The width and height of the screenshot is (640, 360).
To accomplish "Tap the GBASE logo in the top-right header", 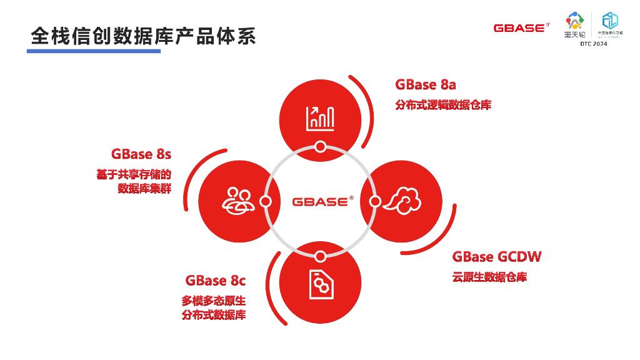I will tap(521, 27).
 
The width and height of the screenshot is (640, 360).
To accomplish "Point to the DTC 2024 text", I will tap(593, 44).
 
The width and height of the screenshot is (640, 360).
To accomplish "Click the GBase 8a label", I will tap(426, 85).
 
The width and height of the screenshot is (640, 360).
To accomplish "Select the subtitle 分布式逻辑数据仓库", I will tap(443, 105).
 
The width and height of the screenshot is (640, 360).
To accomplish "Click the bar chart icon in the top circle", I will tap(320, 117).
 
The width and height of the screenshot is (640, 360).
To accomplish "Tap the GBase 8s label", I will tap(141, 154).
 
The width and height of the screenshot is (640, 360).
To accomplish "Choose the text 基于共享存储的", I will tap(134, 174).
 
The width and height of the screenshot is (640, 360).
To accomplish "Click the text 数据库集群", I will tap(144, 189).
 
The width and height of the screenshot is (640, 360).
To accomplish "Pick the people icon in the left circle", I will tap(237, 201).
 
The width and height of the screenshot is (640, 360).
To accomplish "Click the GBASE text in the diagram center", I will tap(320, 201).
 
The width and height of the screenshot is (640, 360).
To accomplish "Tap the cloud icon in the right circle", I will tap(402, 201).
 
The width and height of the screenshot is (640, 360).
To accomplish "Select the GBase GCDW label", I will tap(497, 257).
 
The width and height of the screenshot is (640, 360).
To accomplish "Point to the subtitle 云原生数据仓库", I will tap(489, 277).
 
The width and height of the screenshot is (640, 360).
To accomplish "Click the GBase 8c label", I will tap(216, 281).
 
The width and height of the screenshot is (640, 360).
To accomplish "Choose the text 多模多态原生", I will tap(214, 301).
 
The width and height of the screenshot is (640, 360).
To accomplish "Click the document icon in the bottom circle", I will tap(320, 284).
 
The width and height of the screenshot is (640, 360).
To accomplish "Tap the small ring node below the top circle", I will tap(320, 147).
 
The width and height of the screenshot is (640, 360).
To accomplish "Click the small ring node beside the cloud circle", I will tap(375, 201).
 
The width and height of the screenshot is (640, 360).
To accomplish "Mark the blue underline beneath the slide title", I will tap(94, 51).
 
